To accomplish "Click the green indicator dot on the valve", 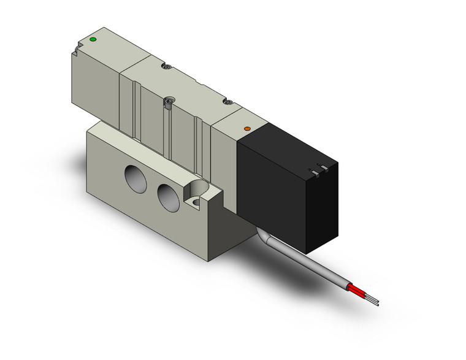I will click(93, 40).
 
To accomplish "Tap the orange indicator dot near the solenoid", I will click(248, 129).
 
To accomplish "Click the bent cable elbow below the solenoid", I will click(262, 236).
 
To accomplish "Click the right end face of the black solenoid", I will click(326, 209).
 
